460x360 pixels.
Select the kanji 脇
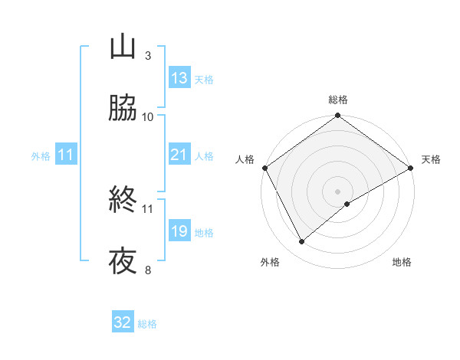(123, 109)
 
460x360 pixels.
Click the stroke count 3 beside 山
(147, 55)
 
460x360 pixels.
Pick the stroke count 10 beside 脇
(148, 116)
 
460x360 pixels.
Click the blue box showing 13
(179, 78)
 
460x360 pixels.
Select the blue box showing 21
(179, 155)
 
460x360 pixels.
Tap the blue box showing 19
(179, 231)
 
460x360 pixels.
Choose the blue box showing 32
(123, 322)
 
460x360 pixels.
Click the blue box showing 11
(66, 155)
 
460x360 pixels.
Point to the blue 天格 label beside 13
(203, 80)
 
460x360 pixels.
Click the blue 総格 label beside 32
(147, 324)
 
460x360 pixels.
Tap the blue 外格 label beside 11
(41, 156)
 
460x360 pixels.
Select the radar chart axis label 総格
(338, 100)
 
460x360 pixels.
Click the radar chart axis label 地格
(402, 263)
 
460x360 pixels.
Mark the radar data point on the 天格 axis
(412, 168)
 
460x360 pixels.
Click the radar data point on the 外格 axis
(301, 242)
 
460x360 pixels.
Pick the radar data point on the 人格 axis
(264, 168)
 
